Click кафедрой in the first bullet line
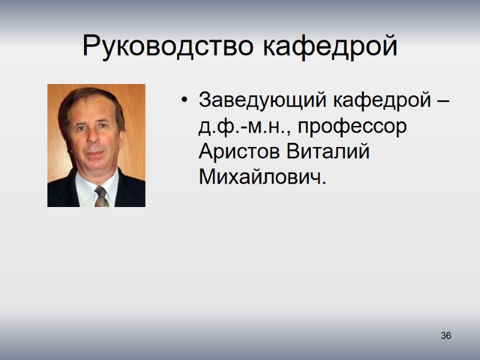(x=381, y=100)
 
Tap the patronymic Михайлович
(x=260, y=178)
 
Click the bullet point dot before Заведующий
(x=185, y=100)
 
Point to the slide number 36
(x=446, y=335)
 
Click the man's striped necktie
(x=101, y=196)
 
